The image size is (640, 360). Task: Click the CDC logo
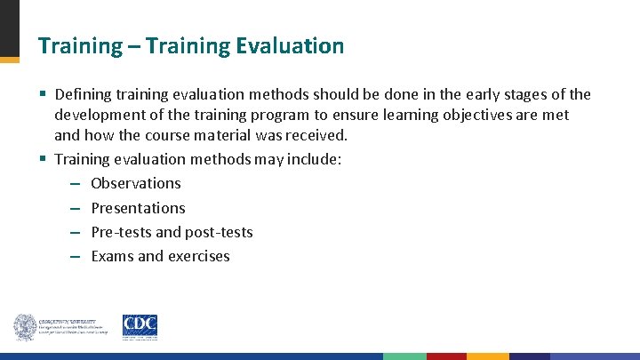140,326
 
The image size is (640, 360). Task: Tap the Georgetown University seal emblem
24,327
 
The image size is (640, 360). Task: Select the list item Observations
135,183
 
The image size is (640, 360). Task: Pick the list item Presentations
138,208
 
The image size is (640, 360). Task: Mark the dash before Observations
75,184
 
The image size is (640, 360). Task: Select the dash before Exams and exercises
75,257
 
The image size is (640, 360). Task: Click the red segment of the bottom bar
446,356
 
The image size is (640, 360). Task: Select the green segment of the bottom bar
404,356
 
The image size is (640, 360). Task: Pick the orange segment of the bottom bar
488,356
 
